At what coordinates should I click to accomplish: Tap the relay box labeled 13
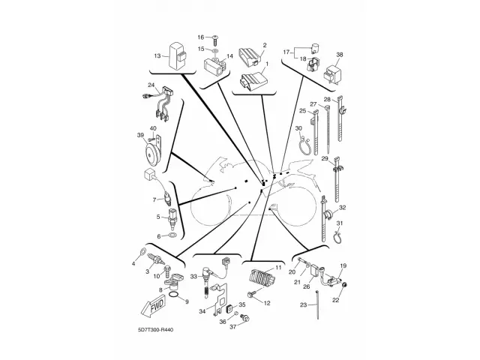click(x=178, y=55)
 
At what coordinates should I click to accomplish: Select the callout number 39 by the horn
click(x=140, y=135)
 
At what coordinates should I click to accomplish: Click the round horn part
click(x=154, y=156)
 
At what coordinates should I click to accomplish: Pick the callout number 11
click(x=277, y=268)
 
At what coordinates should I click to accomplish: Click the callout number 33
click(x=193, y=277)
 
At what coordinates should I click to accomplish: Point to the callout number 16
click(x=201, y=37)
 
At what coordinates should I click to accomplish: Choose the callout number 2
click(x=264, y=46)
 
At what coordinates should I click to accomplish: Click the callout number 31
click(x=339, y=223)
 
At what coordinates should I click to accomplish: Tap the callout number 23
click(x=304, y=305)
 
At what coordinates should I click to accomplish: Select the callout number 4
click(x=133, y=262)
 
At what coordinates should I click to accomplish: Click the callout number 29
click(x=325, y=160)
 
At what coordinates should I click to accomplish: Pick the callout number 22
click(x=336, y=300)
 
